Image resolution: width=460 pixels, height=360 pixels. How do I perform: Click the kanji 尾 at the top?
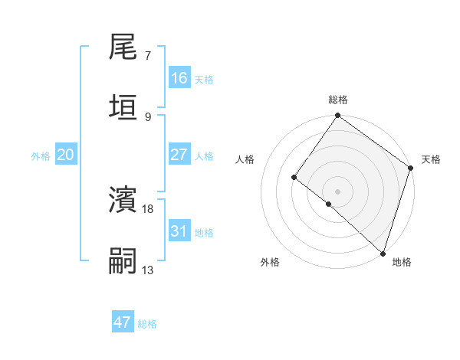click(x=123, y=48)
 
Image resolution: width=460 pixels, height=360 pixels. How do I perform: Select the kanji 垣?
click(x=123, y=107)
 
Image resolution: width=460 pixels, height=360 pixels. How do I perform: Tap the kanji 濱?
click(x=123, y=201)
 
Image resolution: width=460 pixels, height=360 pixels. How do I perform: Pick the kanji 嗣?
click(x=123, y=260)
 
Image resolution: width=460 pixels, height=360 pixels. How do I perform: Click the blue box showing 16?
click(x=179, y=78)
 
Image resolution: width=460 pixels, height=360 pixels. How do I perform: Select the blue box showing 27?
click(x=179, y=155)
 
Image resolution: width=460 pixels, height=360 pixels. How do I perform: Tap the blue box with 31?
click(x=179, y=231)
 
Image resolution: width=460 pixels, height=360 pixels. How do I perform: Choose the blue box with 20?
click(x=66, y=155)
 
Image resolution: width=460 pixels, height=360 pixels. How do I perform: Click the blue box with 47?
click(x=123, y=322)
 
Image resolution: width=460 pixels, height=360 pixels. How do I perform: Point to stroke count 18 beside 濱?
click(x=149, y=208)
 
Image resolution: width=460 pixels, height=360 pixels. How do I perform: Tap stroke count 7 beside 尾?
click(x=148, y=56)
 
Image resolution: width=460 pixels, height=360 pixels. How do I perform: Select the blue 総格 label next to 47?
click(x=147, y=324)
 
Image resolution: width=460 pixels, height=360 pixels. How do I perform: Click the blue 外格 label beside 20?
click(x=41, y=156)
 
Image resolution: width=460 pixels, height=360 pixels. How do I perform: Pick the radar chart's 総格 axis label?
click(x=338, y=100)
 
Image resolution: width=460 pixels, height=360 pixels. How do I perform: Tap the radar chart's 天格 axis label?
click(x=431, y=159)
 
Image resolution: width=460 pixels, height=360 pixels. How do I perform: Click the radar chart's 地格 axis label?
click(x=402, y=262)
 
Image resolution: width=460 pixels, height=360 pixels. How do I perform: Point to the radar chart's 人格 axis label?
click(x=245, y=159)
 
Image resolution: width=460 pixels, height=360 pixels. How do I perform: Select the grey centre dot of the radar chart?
click(x=337, y=191)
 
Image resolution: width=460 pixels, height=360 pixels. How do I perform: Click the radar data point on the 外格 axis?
click(x=329, y=204)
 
